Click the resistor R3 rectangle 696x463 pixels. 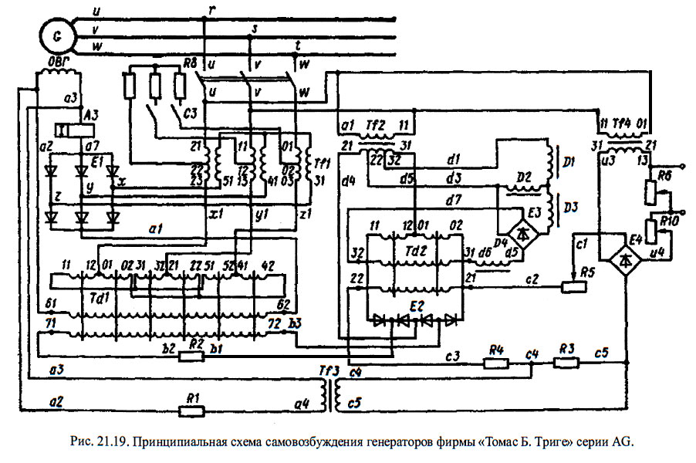566,362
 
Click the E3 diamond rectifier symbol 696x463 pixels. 525,230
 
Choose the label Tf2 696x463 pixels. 376,123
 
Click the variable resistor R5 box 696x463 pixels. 571,288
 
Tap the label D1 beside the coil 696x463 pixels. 569,164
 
